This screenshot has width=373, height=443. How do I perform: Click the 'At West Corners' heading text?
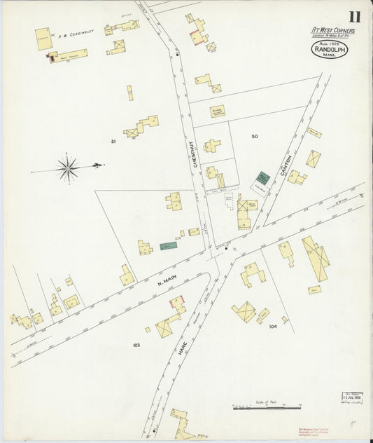(333, 30)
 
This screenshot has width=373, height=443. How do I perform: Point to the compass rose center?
(68, 167)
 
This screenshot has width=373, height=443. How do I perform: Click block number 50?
(255, 136)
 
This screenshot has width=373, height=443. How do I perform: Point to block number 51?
(113, 142)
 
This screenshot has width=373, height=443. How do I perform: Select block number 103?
(136, 345)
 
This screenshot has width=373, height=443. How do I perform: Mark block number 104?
(273, 326)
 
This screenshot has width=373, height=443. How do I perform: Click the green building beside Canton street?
(262, 178)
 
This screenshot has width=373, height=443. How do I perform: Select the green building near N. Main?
(168, 246)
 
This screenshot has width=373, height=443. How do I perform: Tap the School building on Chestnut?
(218, 111)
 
